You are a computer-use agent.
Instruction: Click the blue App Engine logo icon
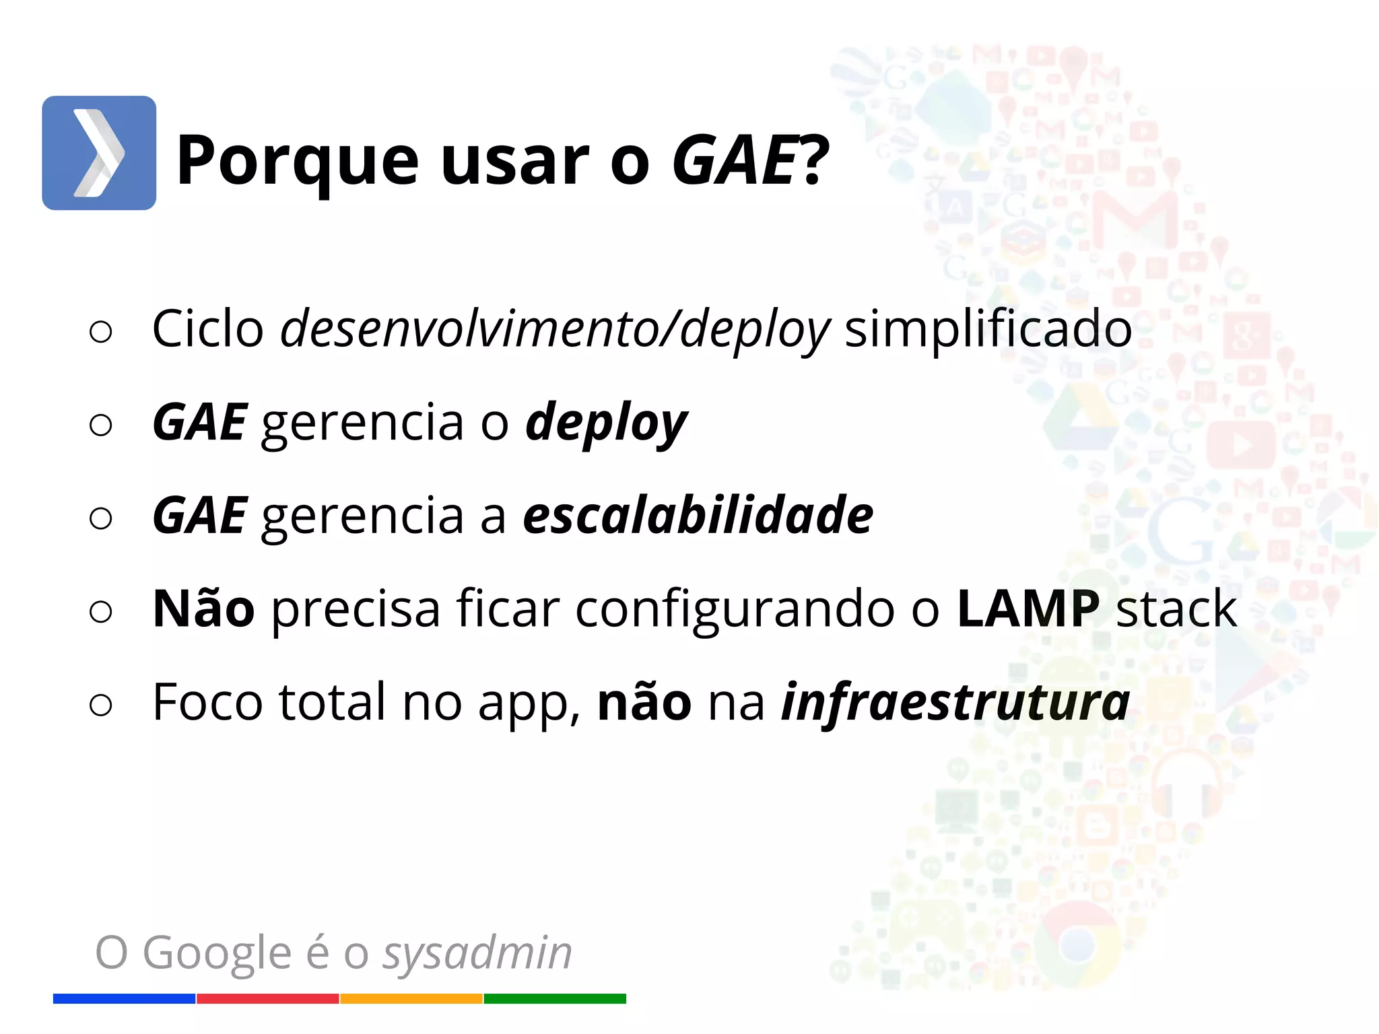pyautogui.click(x=99, y=153)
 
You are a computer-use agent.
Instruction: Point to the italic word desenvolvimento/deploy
pyautogui.click(x=555, y=330)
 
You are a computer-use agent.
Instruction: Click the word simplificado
pyautogui.click(x=988, y=330)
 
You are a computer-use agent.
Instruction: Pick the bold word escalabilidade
pyautogui.click(x=698, y=516)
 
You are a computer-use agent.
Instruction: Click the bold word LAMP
pyautogui.click(x=1028, y=609)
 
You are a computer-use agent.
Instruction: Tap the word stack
pyautogui.click(x=1176, y=609)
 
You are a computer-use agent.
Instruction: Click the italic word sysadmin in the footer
pyautogui.click(x=477, y=953)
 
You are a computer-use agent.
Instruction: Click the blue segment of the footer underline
pyautogui.click(x=124, y=998)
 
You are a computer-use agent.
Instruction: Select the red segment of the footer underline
pyautogui.click(x=267, y=998)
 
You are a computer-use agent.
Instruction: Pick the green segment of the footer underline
pyautogui.click(x=555, y=998)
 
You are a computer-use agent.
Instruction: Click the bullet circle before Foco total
pyautogui.click(x=100, y=705)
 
